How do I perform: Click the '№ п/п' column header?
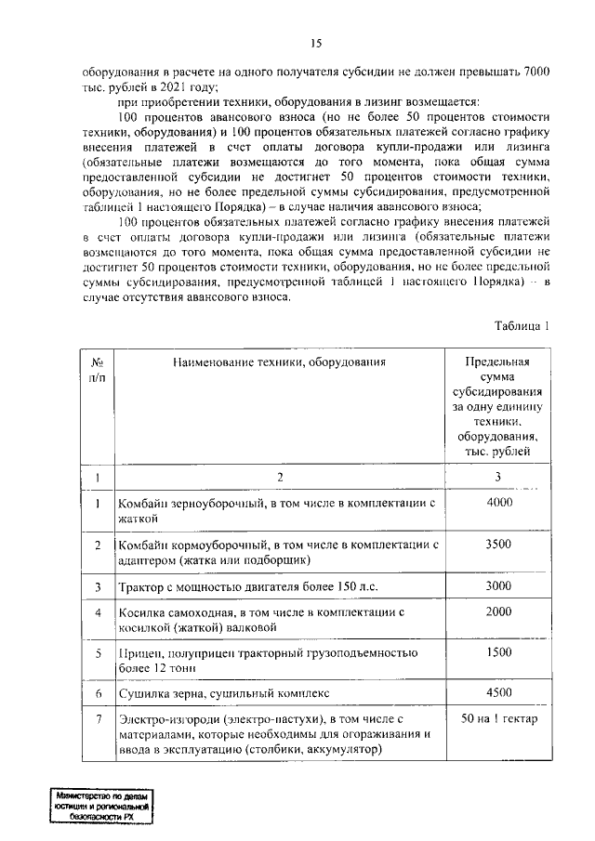point(97,370)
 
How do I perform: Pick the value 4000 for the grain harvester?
point(498,502)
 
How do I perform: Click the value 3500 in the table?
point(498,544)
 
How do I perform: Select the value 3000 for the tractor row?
point(498,586)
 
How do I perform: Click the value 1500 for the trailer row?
point(498,653)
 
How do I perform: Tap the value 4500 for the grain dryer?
point(498,693)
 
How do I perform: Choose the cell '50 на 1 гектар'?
point(498,718)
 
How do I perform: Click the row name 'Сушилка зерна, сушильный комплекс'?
point(222,694)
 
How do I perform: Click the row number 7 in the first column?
point(97,718)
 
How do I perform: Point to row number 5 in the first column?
point(97,653)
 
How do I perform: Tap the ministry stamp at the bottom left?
point(101,807)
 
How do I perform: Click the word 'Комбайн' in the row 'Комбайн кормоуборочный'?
point(142,545)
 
